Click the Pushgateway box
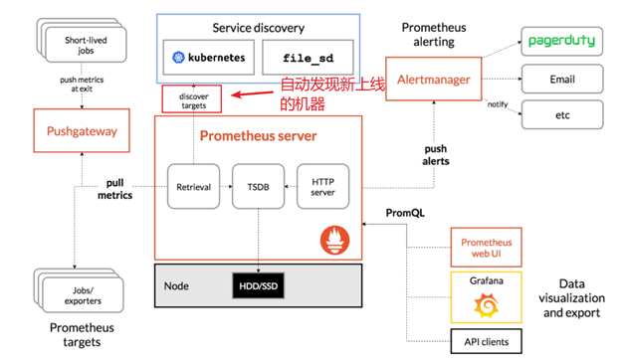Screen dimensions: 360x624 pos(82,130)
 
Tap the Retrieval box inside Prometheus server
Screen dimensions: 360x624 pos(193,186)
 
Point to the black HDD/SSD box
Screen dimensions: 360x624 pos(258,286)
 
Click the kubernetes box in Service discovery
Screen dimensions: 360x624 pos(208,58)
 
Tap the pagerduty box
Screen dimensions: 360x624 pos(562,42)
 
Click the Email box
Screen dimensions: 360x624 pos(562,78)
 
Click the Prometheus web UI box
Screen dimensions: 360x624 pos(488,248)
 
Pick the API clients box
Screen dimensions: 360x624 pos(488,342)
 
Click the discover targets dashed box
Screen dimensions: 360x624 pos(194,100)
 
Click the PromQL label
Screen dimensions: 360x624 pos(405,213)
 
